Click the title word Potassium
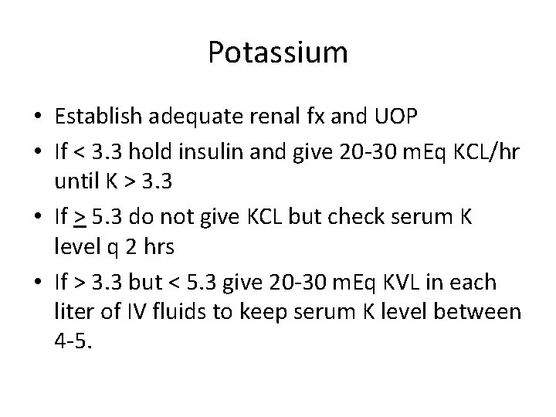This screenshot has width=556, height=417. point(278,53)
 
